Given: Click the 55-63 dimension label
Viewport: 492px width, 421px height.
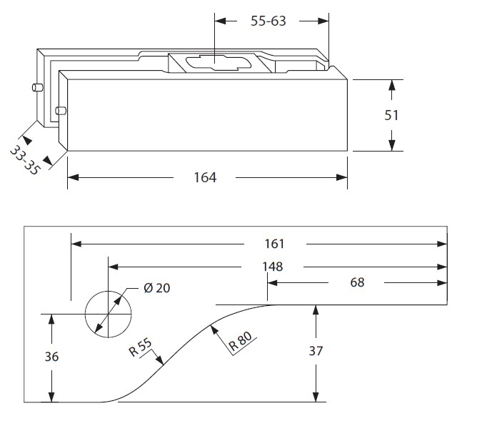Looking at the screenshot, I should pyautogui.click(x=268, y=21).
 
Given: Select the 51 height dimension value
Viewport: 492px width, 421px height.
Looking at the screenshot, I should pyautogui.click(x=391, y=115).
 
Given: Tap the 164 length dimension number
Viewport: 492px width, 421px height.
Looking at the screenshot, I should pyautogui.click(x=204, y=177).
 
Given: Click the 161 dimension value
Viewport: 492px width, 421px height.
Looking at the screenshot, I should pyautogui.click(x=273, y=244).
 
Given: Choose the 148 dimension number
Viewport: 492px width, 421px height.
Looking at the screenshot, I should pyautogui.click(x=272, y=267).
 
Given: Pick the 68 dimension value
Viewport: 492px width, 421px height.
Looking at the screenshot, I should pyautogui.click(x=357, y=282).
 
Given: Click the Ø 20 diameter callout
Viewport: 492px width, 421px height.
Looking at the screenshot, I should pyautogui.click(x=157, y=288).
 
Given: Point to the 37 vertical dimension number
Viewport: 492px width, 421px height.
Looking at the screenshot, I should pyautogui.click(x=317, y=351).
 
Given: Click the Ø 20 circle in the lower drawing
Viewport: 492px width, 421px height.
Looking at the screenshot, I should pyautogui.click(x=109, y=314).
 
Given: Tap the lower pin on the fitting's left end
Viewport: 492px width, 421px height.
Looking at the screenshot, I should pyautogui.click(x=61, y=111).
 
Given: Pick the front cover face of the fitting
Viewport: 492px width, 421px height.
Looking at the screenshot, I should pyautogui.click(x=207, y=114).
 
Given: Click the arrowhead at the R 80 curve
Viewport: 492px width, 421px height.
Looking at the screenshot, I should pyautogui.click(x=214, y=328).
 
